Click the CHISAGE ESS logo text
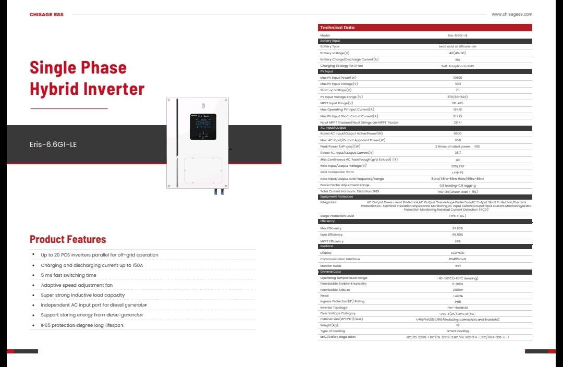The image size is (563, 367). click(46, 15)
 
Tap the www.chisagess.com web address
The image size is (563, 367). click(512, 14)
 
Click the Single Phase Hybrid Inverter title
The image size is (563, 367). click(87, 78)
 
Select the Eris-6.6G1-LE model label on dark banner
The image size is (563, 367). click(53, 144)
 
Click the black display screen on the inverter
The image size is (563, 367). click(203, 127)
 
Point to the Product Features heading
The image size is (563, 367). click(68, 239)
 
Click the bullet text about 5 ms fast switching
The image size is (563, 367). click(68, 275)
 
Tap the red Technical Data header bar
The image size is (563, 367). click(425, 28)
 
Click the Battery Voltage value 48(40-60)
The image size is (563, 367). click(457, 53)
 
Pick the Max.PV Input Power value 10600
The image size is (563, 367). click(457, 78)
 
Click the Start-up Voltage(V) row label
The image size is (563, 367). click(336, 90)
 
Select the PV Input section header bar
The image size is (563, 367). click(425, 71)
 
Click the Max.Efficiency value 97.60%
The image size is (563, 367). click(457, 228)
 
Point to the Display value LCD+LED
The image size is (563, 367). click(457, 253)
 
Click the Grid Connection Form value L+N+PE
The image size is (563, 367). click(457, 172)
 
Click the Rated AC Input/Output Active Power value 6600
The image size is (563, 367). click(457, 133)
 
